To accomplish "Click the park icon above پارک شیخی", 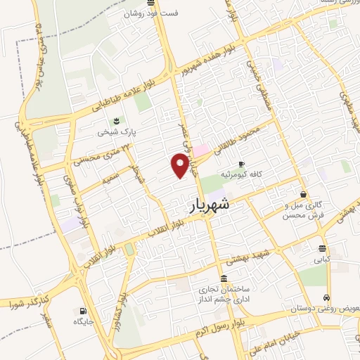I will pyautogui.click(x=116, y=120).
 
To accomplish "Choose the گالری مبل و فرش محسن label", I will pyautogui.click(x=296, y=210).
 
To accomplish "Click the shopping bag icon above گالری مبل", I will pyautogui.click(x=303, y=194).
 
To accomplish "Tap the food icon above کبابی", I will pyautogui.click(x=322, y=248).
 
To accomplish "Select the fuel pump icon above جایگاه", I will pyautogui.click(x=84, y=310).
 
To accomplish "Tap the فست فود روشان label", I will pyautogui.click(x=151, y=13).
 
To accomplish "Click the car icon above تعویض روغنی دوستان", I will pyautogui.click(x=328, y=297).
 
